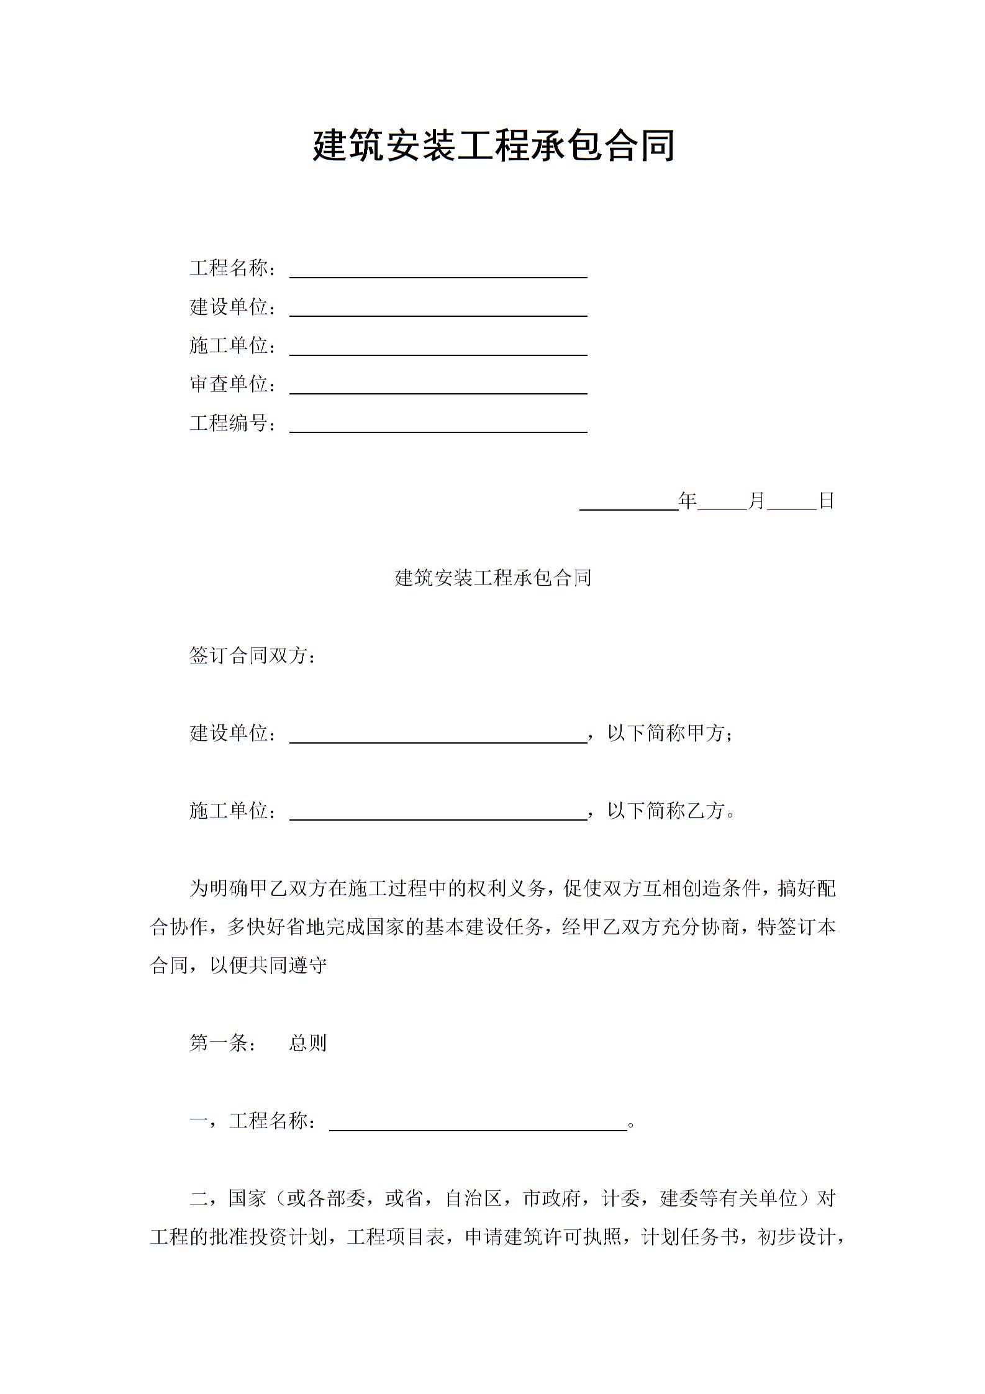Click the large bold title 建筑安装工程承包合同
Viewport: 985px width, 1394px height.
pos(493,146)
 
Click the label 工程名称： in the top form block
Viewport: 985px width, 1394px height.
pos(233,268)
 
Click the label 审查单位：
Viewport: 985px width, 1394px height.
pos(233,385)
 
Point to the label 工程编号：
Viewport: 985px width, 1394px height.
pos(233,423)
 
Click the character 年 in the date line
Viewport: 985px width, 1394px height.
pos(688,501)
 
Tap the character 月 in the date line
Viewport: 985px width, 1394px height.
pos(756,501)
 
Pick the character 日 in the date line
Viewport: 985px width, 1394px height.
pos(826,501)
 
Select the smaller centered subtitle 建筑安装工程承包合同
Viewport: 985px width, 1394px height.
pos(493,578)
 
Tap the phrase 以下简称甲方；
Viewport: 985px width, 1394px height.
pos(671,733)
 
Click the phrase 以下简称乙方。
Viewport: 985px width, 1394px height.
pos(671,811)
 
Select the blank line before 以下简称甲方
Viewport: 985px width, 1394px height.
pos(438,736)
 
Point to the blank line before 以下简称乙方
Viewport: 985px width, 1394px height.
pos(438,814)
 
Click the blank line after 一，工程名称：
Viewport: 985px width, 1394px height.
pos(478,1124)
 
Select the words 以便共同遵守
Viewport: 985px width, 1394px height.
pos(268,965)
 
